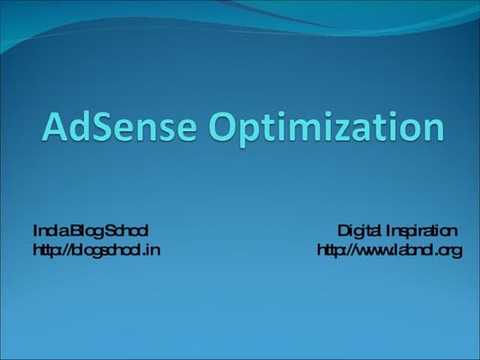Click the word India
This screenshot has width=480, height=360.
coord(47,231)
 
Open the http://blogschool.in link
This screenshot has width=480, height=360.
coord(96,250)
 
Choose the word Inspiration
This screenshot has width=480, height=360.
coord(421,231)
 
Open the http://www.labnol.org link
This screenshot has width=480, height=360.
coord(389,250)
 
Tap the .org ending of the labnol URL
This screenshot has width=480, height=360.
coord(448,251)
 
